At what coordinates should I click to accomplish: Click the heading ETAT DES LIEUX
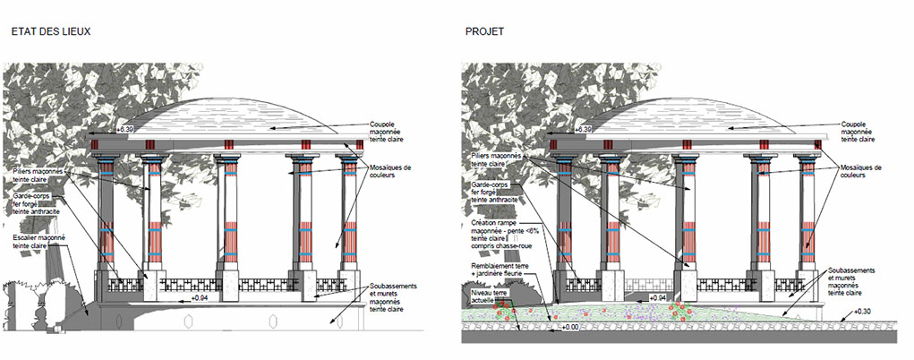point(51,31)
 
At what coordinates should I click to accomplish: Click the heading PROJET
point(484,31)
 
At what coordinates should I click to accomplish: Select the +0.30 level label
point(862,311)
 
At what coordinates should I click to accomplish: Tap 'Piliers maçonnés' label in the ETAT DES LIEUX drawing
point(38,174)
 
